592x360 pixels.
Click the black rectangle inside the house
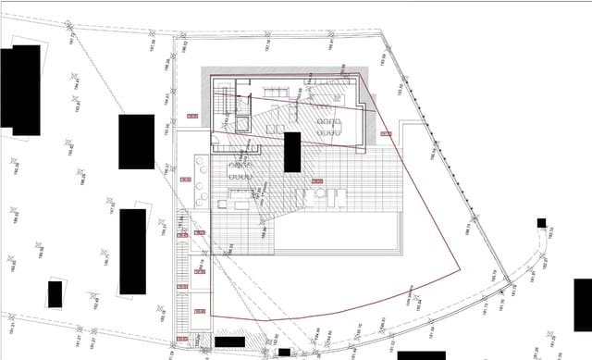(291, 152)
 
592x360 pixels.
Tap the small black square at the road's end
(541, 223)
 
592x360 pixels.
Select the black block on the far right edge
(583, 304)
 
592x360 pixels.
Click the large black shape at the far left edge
(20, 85)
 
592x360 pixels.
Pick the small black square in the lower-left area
(55, 294)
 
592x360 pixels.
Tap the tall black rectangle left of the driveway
(132, 251)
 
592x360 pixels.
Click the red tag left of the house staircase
(192, 116)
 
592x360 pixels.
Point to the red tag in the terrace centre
(316, 181)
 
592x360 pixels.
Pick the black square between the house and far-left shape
(136, 142)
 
